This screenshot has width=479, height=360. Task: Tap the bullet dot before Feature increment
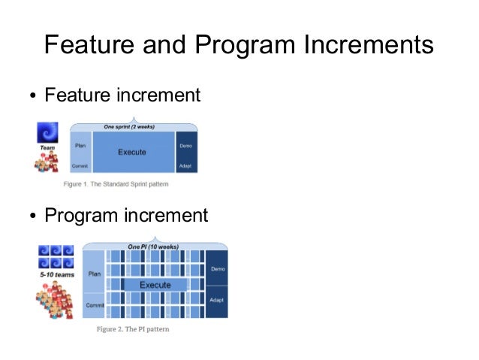click(x=33, y=97)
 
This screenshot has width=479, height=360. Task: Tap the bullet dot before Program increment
click(x=33, y=216)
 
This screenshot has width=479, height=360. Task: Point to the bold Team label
click(x=47, y=149)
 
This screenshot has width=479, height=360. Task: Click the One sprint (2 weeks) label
click(x=134, y=126)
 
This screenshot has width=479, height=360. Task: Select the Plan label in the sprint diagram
click(x=80, y=145)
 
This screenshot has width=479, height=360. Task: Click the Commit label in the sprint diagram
click(x=80, y=166)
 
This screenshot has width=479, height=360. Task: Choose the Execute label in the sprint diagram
click(x=132, y=153)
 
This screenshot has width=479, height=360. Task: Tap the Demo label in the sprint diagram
click(x=185, y=145)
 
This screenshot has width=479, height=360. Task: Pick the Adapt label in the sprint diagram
click(x=185, y=166)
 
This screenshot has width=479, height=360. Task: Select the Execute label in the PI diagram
click(x=155, y=286)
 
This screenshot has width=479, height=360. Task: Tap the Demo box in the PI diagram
click(x=217, y=268)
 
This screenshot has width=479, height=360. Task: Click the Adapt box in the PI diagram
click(x=217, y=300)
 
